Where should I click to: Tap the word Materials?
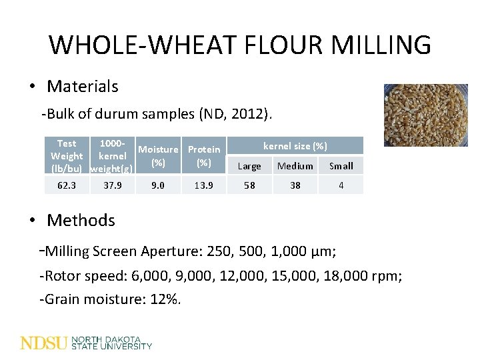click(83, 86)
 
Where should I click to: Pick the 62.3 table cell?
click(67, 185)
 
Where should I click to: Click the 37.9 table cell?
click(112, 185)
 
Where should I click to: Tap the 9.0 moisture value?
click(158, 185)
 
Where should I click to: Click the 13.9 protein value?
click(204, 185)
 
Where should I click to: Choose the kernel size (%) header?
click(295, 145)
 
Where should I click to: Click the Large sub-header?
click(249, 166)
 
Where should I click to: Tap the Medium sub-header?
click(295, 166)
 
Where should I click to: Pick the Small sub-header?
click(341, 166)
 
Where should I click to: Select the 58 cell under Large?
click(249, 185)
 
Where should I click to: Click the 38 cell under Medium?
click(295, 185)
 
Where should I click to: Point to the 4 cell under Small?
click(341, 185)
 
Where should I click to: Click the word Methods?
click(81, 220)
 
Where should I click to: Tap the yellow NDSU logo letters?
click(44, 343)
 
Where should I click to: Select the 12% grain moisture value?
click(164, 299)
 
